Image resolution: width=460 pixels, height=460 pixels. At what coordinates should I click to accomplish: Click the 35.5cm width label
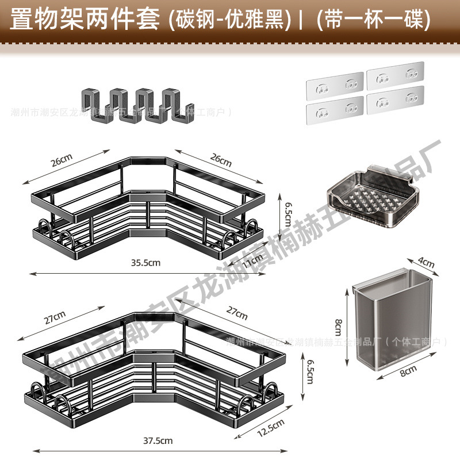[x=144, y=262]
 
